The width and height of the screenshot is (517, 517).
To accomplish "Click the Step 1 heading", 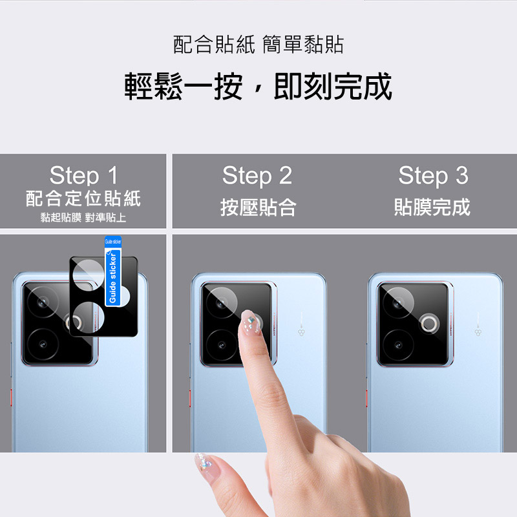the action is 83,175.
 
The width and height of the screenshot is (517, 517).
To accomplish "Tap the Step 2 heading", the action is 257,176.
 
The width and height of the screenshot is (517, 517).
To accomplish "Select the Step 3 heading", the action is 433,176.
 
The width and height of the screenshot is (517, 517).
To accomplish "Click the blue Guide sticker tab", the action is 112,271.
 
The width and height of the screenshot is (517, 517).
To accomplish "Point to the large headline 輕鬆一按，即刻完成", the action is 258,87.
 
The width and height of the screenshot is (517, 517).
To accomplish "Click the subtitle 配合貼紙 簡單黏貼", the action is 258,44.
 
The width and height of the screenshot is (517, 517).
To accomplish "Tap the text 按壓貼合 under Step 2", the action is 258,207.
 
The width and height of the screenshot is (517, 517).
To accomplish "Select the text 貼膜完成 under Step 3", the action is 432,207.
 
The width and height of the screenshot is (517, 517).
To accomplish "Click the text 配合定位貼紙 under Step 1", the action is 83,198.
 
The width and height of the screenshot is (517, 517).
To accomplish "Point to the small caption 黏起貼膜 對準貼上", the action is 83,218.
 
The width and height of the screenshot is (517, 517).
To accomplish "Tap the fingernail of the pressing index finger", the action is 249,322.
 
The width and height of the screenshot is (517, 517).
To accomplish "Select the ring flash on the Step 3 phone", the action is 430,323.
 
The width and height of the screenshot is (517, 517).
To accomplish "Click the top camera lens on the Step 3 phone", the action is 398,302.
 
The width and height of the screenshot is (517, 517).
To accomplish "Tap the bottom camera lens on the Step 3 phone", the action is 398,345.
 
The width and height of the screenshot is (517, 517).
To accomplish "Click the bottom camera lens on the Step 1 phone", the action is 43,344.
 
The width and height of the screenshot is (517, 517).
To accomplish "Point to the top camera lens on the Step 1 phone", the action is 43,302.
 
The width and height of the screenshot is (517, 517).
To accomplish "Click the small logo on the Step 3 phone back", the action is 478,332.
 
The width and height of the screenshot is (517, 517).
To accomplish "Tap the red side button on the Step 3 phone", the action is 366,398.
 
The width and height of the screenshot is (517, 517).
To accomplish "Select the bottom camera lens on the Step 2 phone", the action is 222,345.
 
